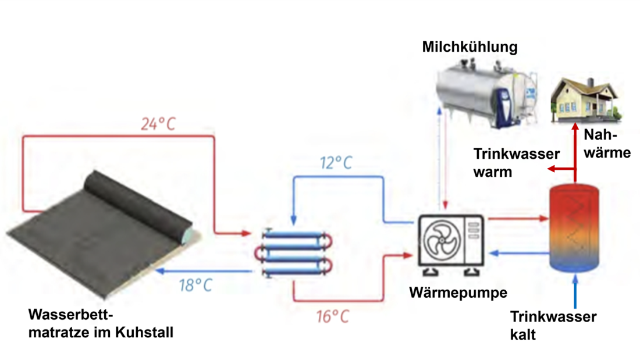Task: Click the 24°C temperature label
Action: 158,124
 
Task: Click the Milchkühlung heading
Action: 470,47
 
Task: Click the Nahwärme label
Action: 607,144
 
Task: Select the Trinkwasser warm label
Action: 517,163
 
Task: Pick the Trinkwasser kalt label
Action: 553,325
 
